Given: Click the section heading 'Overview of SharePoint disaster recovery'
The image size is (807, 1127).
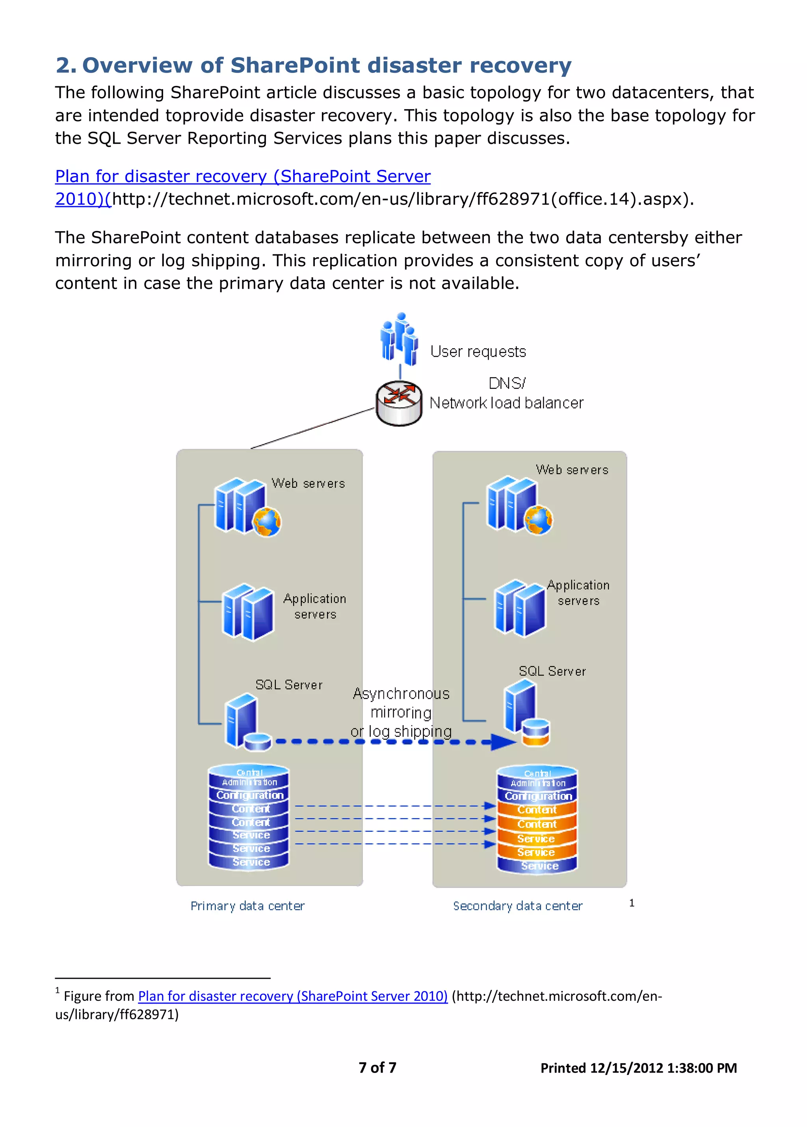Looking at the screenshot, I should click(x=326, y=65).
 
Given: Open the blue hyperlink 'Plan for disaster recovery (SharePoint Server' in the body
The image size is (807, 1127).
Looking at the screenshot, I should click(x=242, y=176).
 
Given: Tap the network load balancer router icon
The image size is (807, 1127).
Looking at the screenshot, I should click(x=399, y=403).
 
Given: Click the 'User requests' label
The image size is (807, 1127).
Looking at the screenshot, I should click(x=478, y=351).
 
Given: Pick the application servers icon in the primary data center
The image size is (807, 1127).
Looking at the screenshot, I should click(x=248, y=612).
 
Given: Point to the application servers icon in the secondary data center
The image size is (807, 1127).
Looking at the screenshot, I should click(x=519, y=608).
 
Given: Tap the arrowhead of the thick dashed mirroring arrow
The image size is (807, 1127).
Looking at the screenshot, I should click(x=502, y=742).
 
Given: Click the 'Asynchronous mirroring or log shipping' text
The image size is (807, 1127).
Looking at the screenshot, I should click(x=401, y=712).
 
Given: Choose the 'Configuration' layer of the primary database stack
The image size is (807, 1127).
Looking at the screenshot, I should click(x=249, y=795).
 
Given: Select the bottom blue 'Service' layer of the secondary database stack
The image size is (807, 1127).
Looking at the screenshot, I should click(x=538, y=866).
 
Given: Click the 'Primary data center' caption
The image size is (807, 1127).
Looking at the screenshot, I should click(x=247, y=906).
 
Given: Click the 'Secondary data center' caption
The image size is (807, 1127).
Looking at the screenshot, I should click(x=517, y=906).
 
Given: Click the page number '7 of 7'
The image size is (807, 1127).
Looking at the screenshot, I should click(x=377, y=1067).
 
